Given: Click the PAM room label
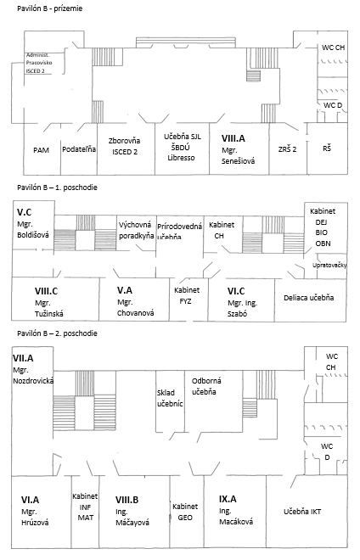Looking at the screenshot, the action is pos(41,150).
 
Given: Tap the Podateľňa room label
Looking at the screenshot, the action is pos(79,149).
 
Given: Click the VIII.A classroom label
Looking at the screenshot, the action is pos(233,138).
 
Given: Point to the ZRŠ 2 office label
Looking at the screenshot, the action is pos(288,149).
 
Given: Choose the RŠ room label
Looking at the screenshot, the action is pos(327,148).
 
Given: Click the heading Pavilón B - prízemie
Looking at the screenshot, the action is pos(50,8).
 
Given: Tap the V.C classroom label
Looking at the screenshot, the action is pos(25,212).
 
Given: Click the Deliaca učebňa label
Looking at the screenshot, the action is pos(309,298).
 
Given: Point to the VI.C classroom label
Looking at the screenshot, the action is pos(236,291).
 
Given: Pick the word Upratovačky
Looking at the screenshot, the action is pos(329,265).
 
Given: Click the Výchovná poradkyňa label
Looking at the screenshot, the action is pos(136,230).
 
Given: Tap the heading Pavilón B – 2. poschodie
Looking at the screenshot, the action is pos(57,333).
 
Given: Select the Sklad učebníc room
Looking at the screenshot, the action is pos(170,398).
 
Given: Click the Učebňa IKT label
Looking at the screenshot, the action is pos(302,512).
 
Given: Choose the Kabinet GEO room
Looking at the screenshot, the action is pos(185,512).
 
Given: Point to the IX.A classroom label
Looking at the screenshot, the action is pos(228,499).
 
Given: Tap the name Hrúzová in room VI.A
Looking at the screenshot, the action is pos(35,523).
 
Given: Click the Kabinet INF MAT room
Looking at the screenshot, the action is pos(85,507).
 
